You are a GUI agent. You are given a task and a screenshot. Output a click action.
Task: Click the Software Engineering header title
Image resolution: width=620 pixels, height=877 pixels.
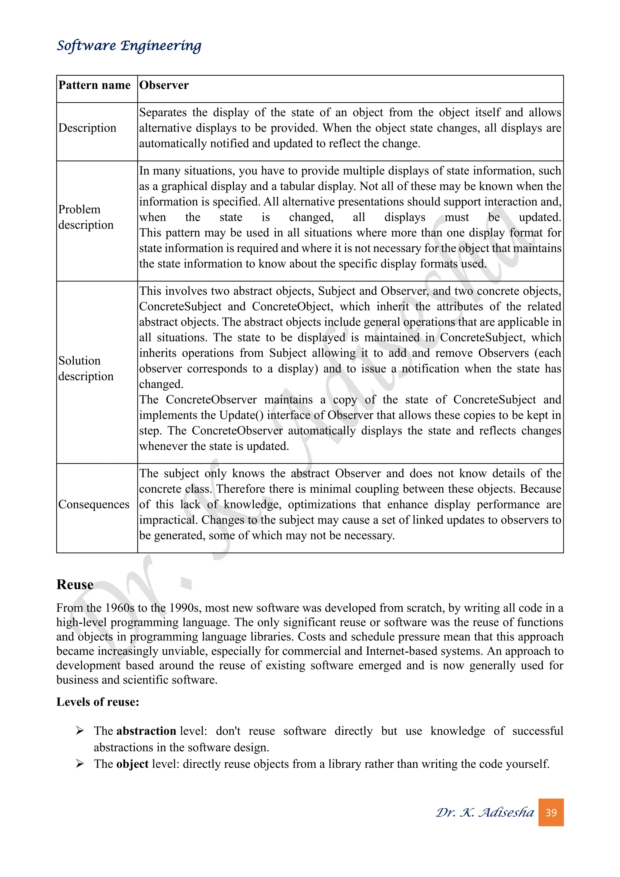pos(129,45)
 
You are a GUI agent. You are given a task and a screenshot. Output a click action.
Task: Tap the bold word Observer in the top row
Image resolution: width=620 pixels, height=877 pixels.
pos(164,85)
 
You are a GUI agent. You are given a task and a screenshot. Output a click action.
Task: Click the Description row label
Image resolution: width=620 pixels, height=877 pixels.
pos(87,128)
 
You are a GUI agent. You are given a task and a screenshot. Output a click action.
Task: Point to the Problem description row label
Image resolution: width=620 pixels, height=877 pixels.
pos(86,217)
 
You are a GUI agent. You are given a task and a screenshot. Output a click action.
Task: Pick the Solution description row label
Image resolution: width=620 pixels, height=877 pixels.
pos(86,368)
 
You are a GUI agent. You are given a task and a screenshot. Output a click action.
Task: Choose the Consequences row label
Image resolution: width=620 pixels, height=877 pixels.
pos(94,504)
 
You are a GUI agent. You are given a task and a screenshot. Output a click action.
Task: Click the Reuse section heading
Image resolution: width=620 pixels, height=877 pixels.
pos(75,584)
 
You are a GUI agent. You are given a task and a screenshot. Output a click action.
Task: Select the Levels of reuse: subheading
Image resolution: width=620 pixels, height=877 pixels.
pos(98,702)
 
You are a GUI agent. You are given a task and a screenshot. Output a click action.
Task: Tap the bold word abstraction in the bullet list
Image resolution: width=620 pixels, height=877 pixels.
pos(146,731)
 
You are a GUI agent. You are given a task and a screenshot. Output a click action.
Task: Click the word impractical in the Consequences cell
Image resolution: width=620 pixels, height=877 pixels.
pos(168,520)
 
